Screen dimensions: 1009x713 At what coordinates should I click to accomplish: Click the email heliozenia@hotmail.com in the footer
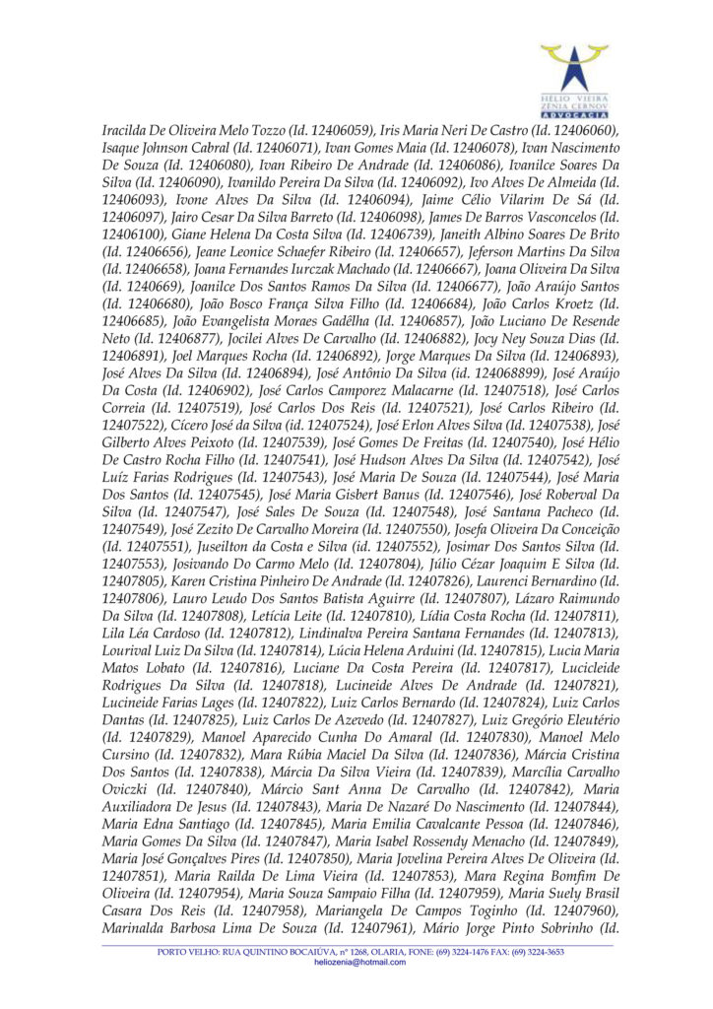click(x=359, y=962)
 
